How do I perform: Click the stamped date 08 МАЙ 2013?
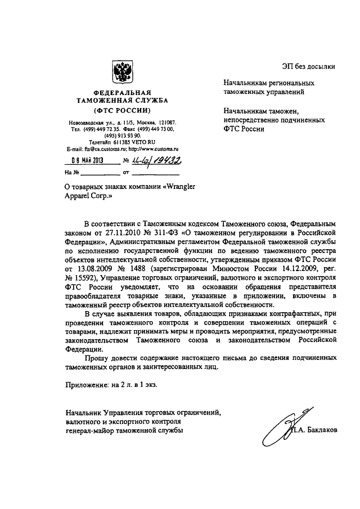[x=84, y=160]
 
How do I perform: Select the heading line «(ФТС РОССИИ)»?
[x=122, y=110]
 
